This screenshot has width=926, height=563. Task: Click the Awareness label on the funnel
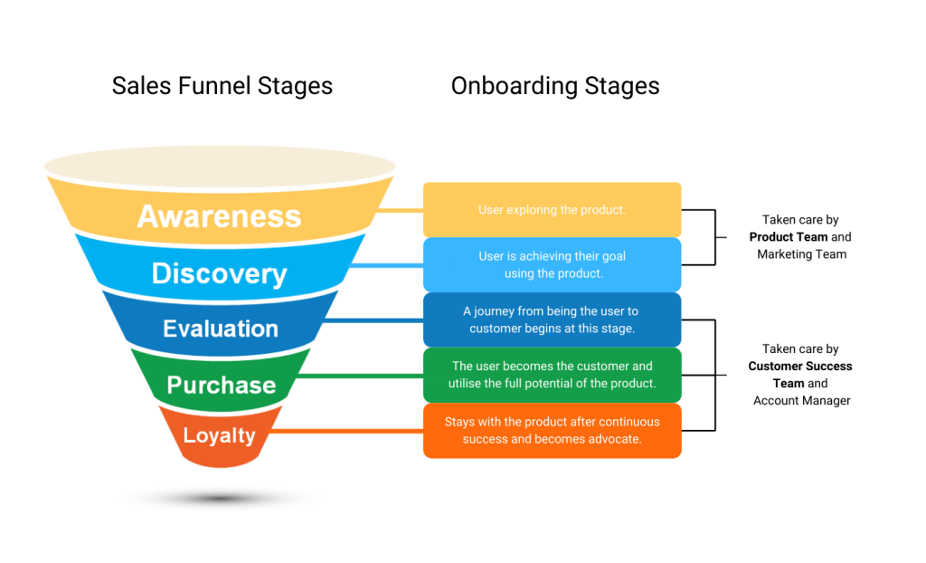(219, 216)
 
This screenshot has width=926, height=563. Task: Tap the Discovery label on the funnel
(219, 273)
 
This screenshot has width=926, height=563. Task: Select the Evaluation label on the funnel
(221, 329)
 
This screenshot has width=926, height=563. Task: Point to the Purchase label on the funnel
(221, 385)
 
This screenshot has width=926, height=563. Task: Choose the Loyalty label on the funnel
(219, 435)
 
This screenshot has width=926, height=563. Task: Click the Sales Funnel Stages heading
(222, 86)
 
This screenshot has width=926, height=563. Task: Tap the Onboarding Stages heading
(555, 86)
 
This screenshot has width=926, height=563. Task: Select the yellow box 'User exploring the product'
(552, 210)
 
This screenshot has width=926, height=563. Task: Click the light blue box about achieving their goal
(552, 264)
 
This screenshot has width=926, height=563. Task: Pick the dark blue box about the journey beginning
(552, 320)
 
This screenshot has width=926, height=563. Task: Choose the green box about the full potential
(552, 375)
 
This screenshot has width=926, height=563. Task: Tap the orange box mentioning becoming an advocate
(552, 430)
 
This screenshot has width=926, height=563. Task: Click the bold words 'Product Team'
(789, 237)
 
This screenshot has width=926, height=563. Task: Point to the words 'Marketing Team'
(801, 254)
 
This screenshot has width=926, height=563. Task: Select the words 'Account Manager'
(801, 400)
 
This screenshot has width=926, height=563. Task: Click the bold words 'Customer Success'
(800, 367)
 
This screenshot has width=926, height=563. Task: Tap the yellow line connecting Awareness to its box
(400, 210)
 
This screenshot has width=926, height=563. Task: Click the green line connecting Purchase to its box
(362, 375)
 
